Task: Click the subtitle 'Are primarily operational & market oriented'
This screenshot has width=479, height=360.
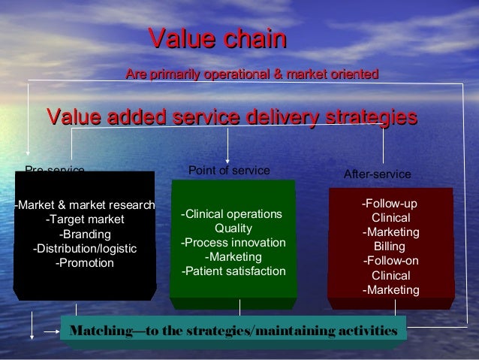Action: click(x=252, y=74)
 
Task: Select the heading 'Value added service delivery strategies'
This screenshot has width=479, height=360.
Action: click(x=231, y=117)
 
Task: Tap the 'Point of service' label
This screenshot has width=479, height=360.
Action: click(x=228, y=171)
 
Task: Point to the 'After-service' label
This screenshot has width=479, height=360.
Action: click(x=377, y=174)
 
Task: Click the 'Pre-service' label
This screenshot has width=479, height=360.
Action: click(x=55, y=170)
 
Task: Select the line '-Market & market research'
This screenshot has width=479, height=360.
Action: click(x=85, y=205)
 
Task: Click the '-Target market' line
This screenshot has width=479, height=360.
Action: click(x=85, y=219)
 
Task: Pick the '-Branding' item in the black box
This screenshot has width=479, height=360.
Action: click(x=85, y=234)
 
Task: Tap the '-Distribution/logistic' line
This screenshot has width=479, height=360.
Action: click(x=85, y=249)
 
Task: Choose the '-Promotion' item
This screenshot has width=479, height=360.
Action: click(x=85, y=263)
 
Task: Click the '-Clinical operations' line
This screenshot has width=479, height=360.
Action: click(x=233, y=214)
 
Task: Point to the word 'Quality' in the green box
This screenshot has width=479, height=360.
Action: click(x=233, y=228)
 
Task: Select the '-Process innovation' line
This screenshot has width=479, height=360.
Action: click(x=233, y=243)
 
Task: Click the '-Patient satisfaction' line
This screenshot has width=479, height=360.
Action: click(x=233, y=271)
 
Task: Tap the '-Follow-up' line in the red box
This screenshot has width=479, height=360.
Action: click(x=390, y=204)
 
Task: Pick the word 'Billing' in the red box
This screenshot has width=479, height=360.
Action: click(x=390, y=247)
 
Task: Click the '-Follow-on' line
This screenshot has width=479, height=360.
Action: click(x=390, y=261)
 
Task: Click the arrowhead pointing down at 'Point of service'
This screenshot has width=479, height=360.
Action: click(x=228, y=156)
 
